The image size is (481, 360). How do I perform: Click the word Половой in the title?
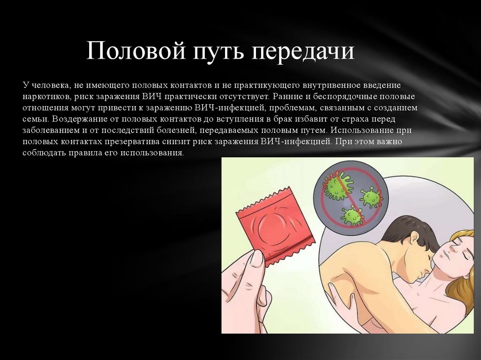pyautogui.click(x=136, y=50)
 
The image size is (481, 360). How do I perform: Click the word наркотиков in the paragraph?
pyautogui.click(x=47, y=97)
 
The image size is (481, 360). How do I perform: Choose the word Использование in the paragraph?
pyautogui.click(x=361, y=130)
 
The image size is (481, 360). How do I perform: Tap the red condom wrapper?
pyautogui.click(x=276, y=229)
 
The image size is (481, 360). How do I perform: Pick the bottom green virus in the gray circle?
pyautogui.click(x=352, y=215)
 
